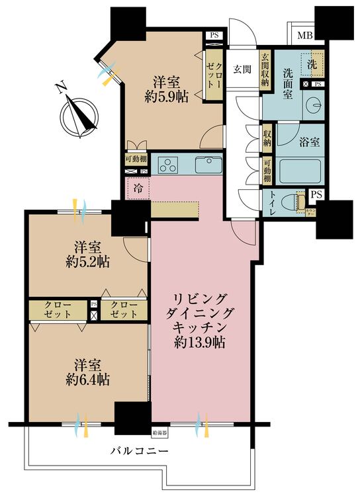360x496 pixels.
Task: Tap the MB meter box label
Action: click(305, 35)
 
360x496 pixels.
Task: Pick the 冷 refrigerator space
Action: click(138, 187)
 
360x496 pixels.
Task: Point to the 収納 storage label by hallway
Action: click(267, 139)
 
